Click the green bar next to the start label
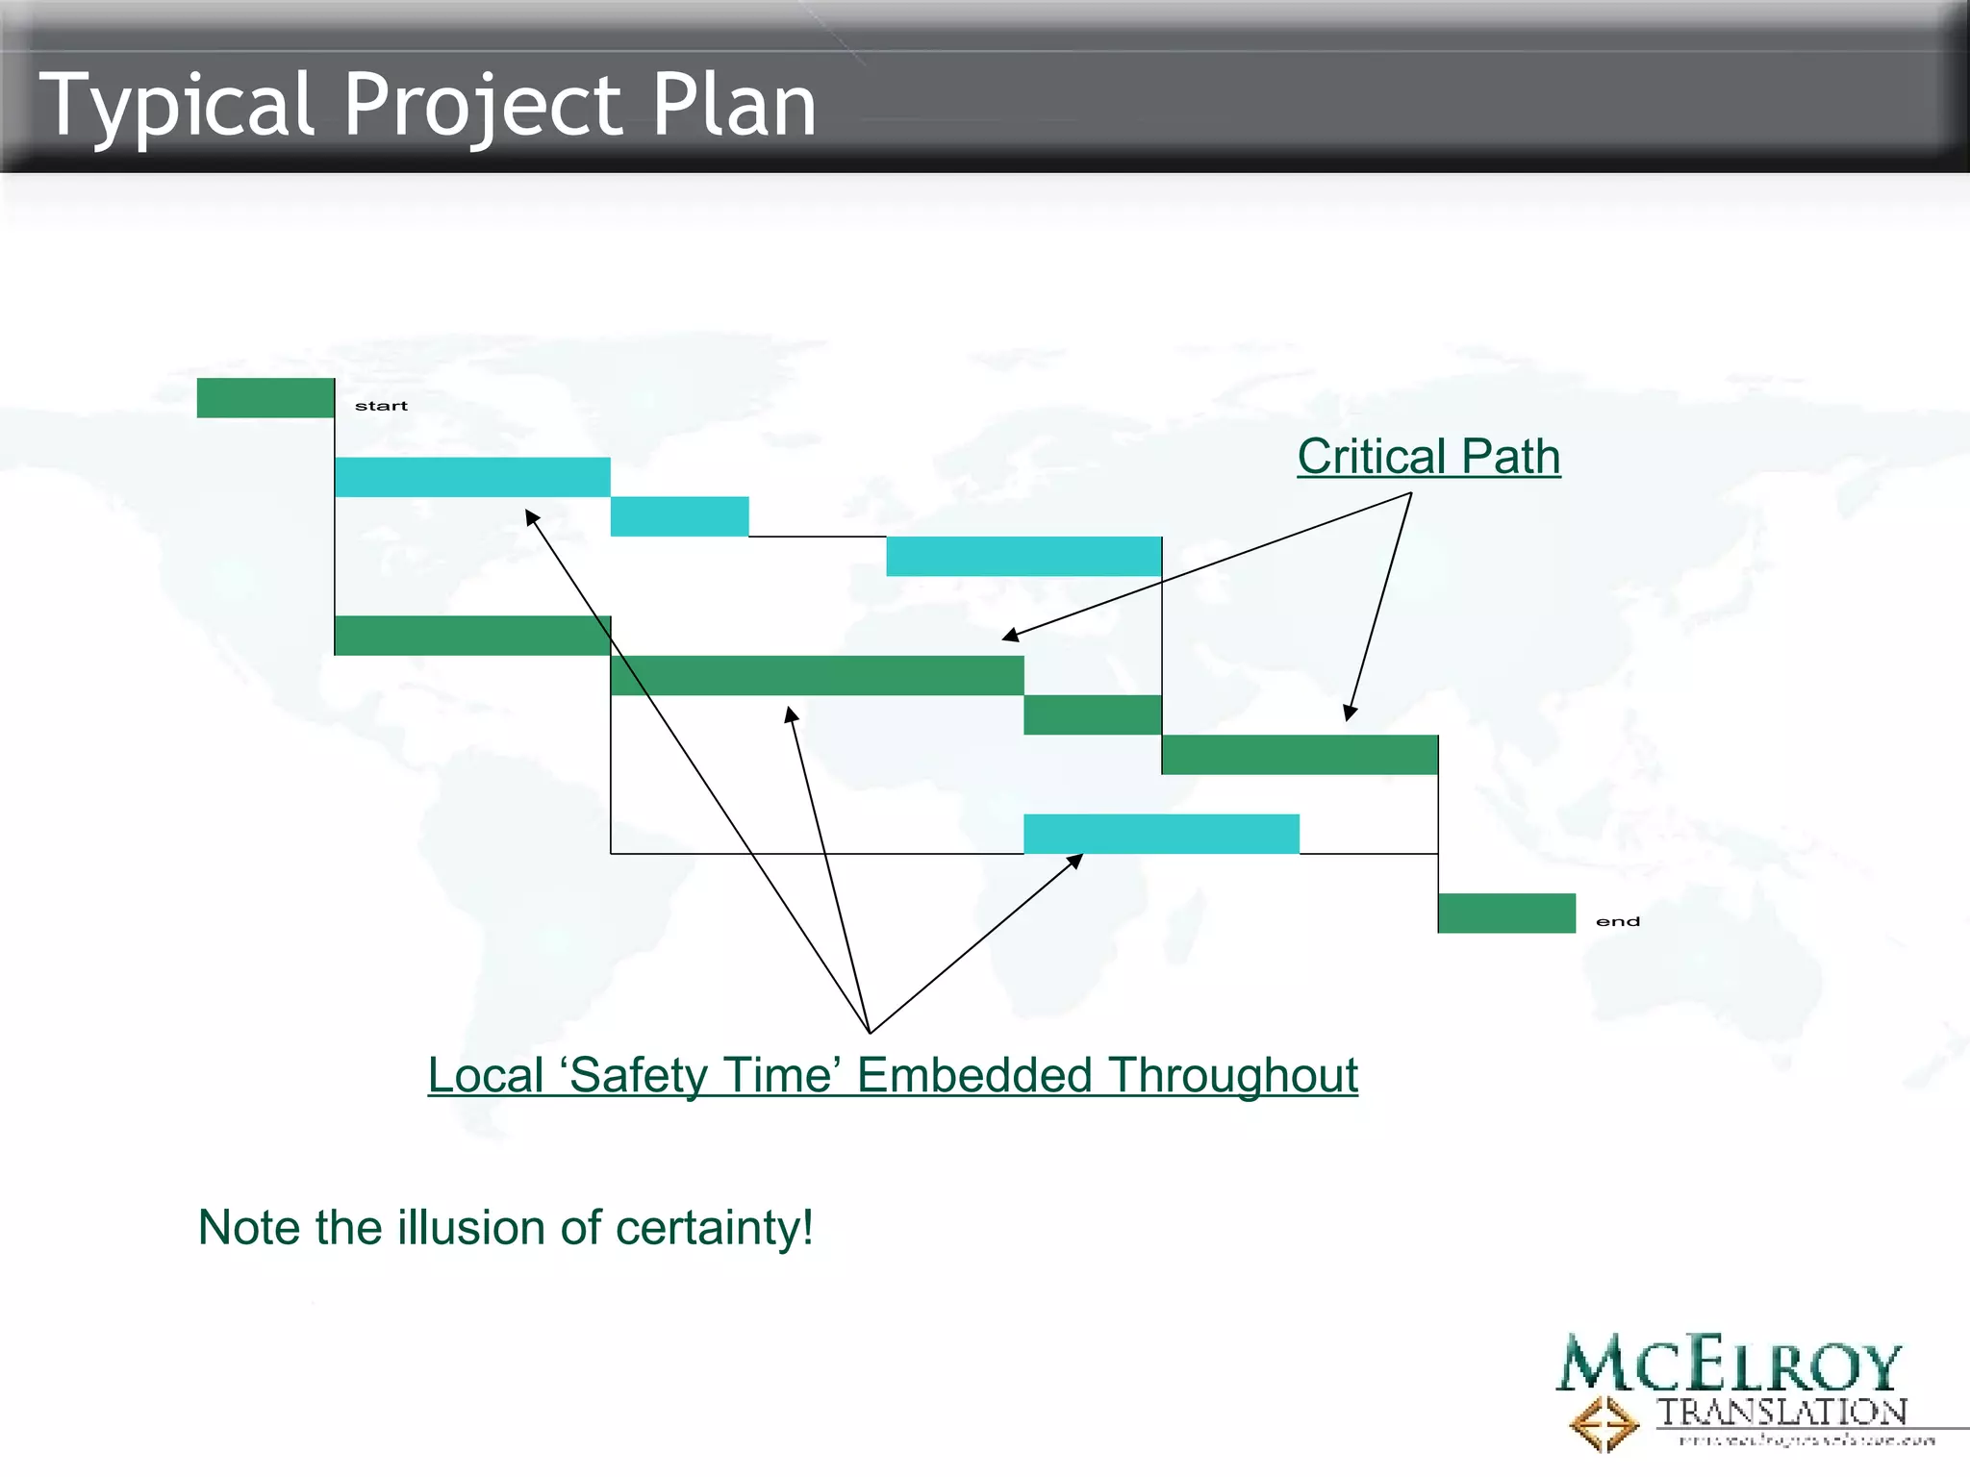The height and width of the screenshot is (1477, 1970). point(265,398)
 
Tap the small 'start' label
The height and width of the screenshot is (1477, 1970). point(381,406)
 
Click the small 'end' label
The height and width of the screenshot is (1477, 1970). point(1617,921)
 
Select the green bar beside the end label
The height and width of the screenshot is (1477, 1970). point(1506,913)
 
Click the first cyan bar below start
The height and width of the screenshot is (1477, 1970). point(472,477)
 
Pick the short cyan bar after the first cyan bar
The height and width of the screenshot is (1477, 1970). point(679,516)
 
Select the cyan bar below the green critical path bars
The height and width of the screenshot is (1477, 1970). point(1161,834)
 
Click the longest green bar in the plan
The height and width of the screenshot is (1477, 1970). point(817,675)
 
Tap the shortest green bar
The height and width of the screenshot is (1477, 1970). point(1093,714)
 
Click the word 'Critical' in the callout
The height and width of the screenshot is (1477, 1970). point(1372,456)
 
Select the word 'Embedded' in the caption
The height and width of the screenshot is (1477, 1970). point(973,1074)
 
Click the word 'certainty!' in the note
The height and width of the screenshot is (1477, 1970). point(714,1227)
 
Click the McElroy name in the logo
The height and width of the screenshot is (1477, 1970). point(1730,1364)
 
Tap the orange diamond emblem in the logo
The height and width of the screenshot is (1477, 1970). point(1604,1422)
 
